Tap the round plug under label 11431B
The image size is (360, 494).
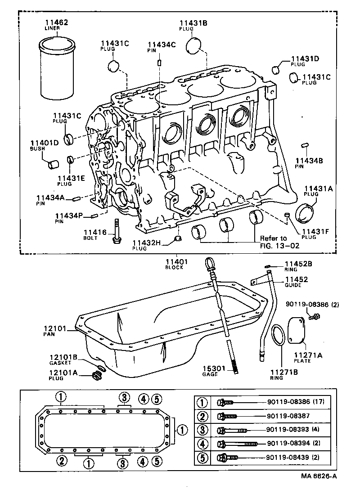[195, 45]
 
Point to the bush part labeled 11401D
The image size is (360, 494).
[54, 163]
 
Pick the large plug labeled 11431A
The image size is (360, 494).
[306, 212]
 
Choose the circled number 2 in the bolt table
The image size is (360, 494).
[203, 417]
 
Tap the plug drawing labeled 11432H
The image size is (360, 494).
[178, 238]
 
